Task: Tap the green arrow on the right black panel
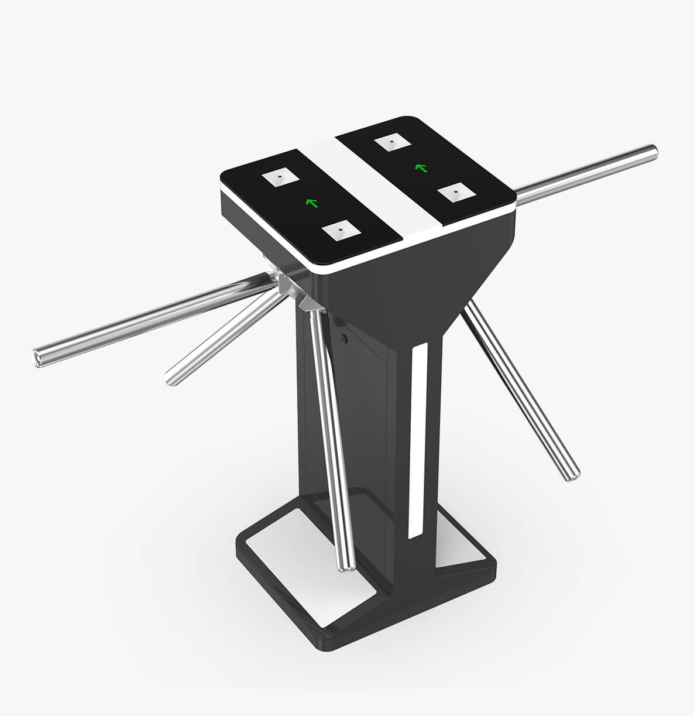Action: click(420, 168)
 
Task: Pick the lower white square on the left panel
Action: click(339, 231)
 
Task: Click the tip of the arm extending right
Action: click(651, 152)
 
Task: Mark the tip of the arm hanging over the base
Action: click(346, 565)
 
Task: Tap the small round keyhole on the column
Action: click(345, 338)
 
